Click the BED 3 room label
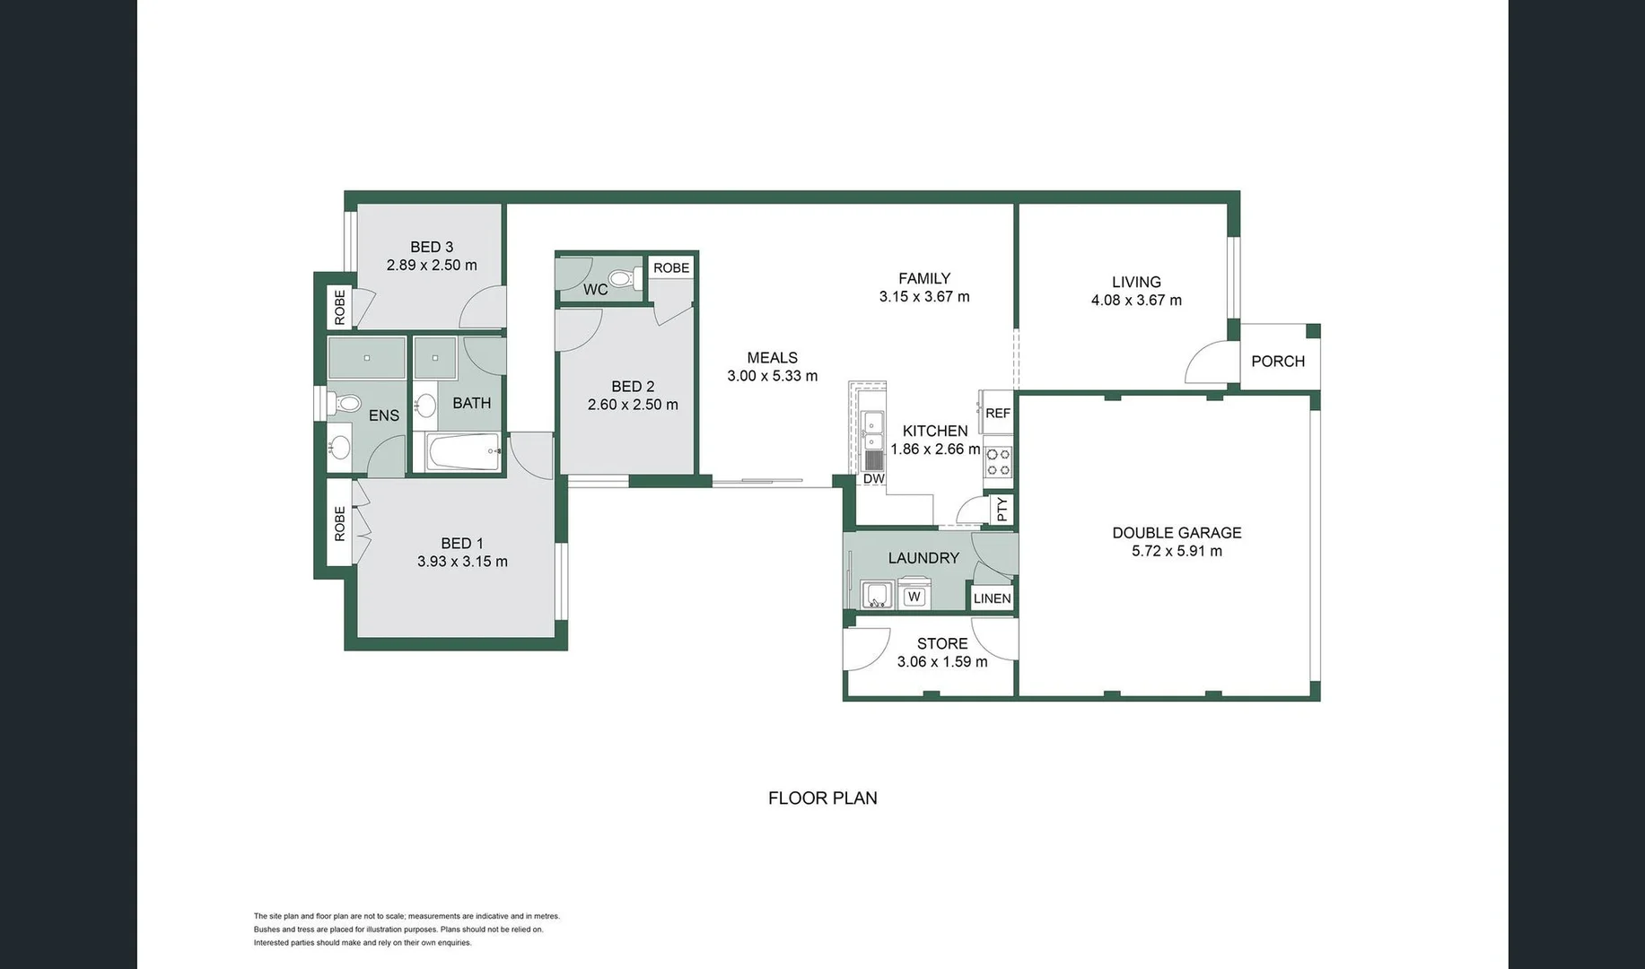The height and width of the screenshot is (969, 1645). (432, 247)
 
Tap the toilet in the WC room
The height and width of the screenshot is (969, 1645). (623, 277)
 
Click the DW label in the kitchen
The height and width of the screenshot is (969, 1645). (874, 479)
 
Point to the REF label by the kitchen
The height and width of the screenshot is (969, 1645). (998, 414)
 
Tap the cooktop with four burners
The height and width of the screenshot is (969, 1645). (998, 462)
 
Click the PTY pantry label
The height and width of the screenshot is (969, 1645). (1002, 510)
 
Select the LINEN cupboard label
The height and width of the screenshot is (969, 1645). (992, 598)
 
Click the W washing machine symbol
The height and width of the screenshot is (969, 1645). (914, 596)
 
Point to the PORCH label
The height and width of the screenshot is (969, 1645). (1278, 362)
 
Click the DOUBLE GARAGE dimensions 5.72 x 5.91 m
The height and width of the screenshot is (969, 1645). (1177, 551)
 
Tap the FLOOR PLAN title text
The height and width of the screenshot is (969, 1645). (823, 798)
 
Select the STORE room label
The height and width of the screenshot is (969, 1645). (942, 643)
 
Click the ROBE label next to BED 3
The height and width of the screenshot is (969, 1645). (339, 307)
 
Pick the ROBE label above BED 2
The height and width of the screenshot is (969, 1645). (671, 267)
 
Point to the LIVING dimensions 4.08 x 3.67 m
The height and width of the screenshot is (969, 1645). (1136, 301)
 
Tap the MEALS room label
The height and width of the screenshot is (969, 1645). (772, 358)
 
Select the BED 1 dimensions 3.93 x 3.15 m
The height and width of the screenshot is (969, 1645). (462, 562)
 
